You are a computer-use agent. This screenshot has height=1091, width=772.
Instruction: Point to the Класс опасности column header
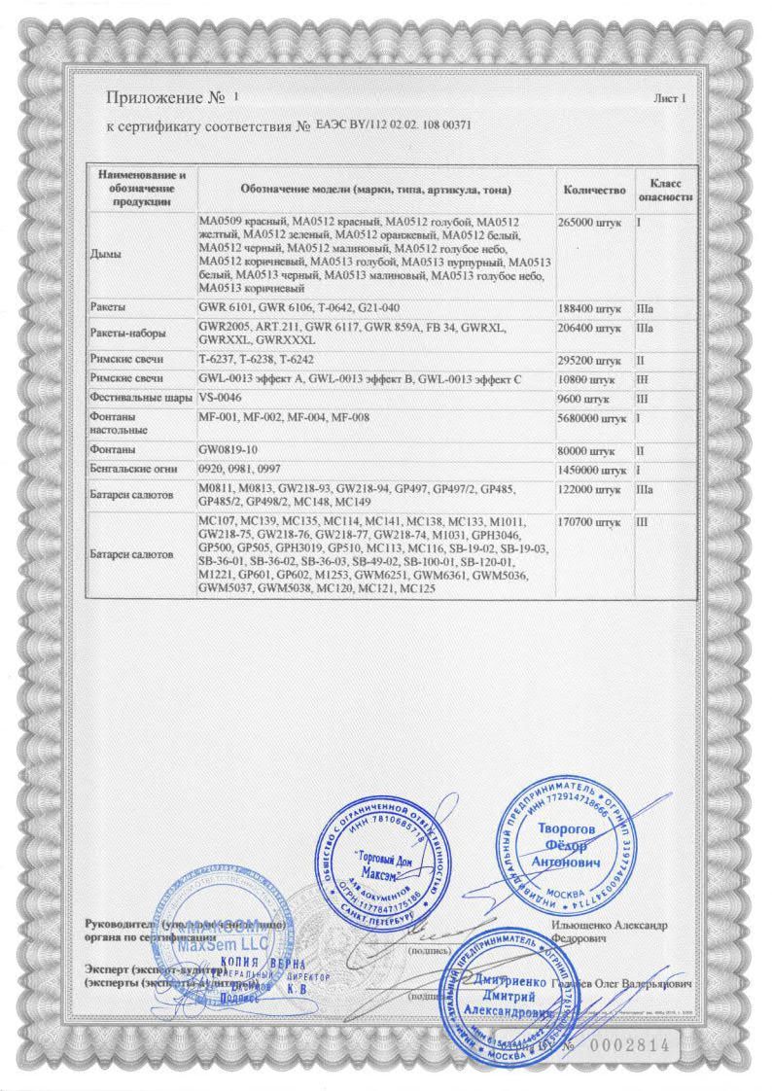(x=665, y=190)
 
